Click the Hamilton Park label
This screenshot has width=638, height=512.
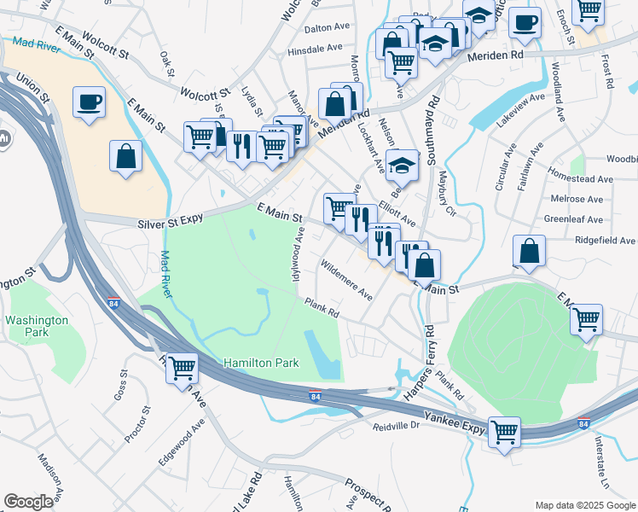point(261,363)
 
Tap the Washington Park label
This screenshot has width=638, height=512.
point(37,326)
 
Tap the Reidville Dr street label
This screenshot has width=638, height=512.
point(397,424)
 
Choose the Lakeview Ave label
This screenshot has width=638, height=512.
point(520,110)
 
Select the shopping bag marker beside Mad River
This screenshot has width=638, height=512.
point(126,156)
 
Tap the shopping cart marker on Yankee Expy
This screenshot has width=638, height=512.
point(504,431)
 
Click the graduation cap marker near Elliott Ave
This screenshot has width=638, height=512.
point(402,165)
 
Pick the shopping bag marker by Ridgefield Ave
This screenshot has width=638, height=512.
point(529,251)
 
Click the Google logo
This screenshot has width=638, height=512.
point(28,501)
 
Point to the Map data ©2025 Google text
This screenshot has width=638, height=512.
point(584,504)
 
